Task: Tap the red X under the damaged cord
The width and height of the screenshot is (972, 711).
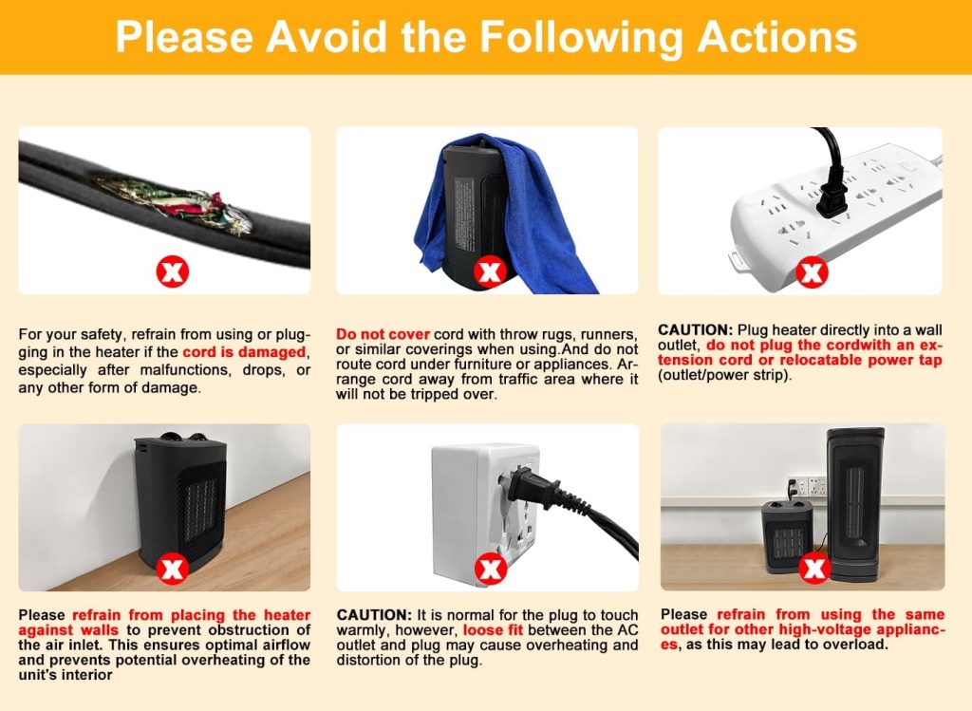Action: (x=172, y=272)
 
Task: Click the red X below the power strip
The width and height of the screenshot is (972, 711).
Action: (x=812, y=273)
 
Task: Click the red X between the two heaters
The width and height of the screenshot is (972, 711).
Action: (x=814, y=569)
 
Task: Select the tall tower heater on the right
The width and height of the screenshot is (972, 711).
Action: (x=855, y=503)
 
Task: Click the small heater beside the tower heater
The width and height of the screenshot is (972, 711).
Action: (x=787, y=536)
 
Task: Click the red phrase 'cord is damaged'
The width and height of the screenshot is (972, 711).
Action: (x=245, y=352)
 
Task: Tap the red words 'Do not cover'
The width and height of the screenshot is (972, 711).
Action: (x=383, y=334)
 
